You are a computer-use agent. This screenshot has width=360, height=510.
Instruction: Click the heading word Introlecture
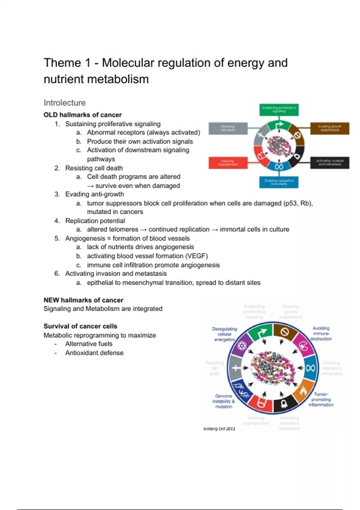click(x=64, y=103)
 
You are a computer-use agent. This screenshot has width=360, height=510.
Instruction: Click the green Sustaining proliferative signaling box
click(x=279, y=109)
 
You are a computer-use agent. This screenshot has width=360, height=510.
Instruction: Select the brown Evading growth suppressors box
click(x=330, y=128)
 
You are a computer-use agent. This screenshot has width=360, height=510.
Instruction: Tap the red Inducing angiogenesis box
click(x=228, y=163)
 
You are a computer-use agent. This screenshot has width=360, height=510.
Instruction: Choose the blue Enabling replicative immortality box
click(x=279, y=182)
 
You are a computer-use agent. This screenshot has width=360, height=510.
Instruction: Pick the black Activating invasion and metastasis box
click(x=330, y=163)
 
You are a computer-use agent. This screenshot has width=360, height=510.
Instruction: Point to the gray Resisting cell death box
click(x=228, y=128)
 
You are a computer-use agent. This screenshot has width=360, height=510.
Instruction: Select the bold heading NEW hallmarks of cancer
click(x=83, y=300)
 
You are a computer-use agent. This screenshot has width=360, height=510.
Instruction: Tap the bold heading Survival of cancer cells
click(x=80, y=326)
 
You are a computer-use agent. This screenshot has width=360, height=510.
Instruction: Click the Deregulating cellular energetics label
click(x=224, y=334)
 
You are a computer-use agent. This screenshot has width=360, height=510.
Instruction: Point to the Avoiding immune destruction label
click(x=321, y=334)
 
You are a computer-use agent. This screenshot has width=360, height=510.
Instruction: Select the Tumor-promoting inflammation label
click(x=321, y=399)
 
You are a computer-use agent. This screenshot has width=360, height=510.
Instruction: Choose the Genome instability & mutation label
click(x=223, y=401)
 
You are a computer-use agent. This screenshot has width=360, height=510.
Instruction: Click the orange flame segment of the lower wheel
click(x=303, y=391)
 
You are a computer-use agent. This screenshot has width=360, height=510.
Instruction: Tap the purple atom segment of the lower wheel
click(x=241, y=346)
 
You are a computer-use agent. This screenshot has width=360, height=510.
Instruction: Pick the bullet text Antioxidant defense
click(x=94, y=353)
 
